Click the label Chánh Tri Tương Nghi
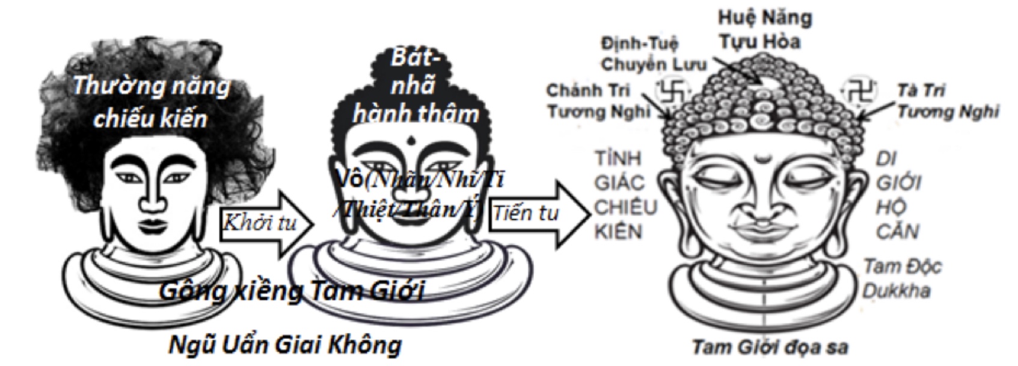(x=598, y=101)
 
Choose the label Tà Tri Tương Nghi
(x=948, y=101)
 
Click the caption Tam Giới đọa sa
(x=770, y=347)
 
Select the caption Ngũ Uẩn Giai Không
(x=284, y=345)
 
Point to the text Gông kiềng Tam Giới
(x=292, y=291)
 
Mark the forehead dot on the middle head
(x=411, y=142)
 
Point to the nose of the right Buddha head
(x=763, y=205)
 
